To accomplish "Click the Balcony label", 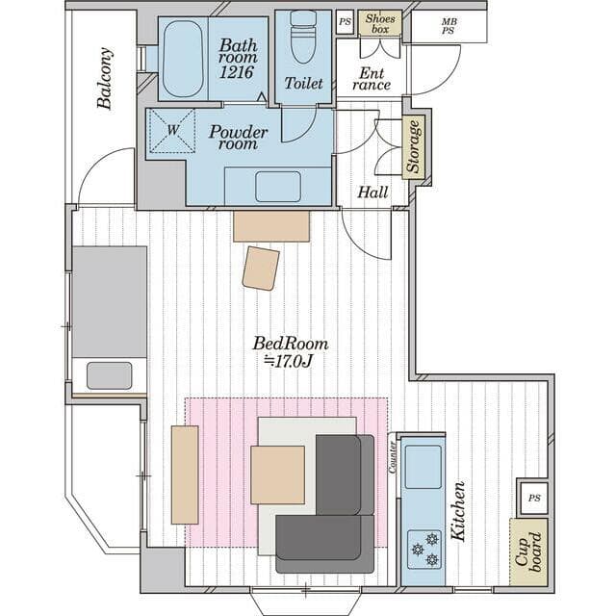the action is click(x=105, y=78).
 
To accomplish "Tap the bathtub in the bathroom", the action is click(x=183, y=59).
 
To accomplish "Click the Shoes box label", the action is click(x=380, y=23).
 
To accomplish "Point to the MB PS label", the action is click(x=449, y=26).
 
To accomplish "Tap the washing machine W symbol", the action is click(x=173, y=130).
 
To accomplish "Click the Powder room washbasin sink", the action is click(x=278, y=187).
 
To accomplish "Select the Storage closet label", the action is click(x=413, y=147).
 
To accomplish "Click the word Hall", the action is click(x=372, y=192).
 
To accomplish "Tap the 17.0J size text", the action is click(x=288, y=362).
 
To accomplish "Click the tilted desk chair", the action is click(x=261, y=269).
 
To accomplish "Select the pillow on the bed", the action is click(x=109, y=375).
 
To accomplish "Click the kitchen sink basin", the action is click(x=423, y=467).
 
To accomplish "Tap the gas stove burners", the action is click(x=424, y=550).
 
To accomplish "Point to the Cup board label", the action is click(x=528, y=552).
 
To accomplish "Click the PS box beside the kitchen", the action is click(x=534, y=499).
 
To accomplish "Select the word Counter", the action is click(x=392, y=457).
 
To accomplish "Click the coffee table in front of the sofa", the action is click(x=278, y=475).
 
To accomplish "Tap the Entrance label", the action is click(x=372, y=79).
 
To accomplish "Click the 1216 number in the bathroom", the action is click(x=237, y=72).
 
